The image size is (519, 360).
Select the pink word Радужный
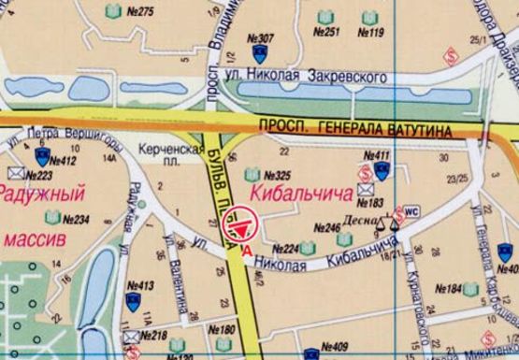coord(35,194)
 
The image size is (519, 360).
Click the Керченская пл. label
coord(170,155)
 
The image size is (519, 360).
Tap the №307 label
coord(263,38)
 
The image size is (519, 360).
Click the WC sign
coord(411,210)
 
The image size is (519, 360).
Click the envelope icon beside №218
coord(131,335)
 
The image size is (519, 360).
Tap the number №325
coord(278,175)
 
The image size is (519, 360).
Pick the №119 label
coord(370,33)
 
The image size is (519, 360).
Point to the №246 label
coord(325,227)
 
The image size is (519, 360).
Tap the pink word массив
coord(36,240)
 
